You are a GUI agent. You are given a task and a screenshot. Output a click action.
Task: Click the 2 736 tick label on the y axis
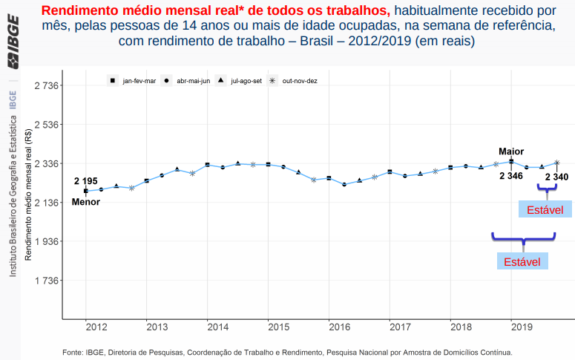47,86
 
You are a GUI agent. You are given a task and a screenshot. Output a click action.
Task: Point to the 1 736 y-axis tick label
47,281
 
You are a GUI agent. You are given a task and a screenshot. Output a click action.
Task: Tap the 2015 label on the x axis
278,327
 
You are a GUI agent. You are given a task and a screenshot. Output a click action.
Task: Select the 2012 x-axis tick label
96,327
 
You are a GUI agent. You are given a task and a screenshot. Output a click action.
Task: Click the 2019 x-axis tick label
522,327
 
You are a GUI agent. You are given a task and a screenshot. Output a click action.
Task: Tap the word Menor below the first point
85,202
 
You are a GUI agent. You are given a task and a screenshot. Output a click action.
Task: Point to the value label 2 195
85,181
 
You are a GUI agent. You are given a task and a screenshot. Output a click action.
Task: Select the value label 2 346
511,176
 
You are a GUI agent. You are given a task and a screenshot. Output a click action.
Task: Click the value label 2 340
556,177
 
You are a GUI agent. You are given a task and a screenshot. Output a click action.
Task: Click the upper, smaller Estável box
545,210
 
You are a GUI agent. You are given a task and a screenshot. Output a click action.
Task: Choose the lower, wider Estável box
522,262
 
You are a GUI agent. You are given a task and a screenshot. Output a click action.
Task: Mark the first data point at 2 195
86,191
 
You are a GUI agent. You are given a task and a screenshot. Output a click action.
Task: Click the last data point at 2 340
556,163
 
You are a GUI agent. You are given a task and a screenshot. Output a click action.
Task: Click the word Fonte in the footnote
73,352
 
